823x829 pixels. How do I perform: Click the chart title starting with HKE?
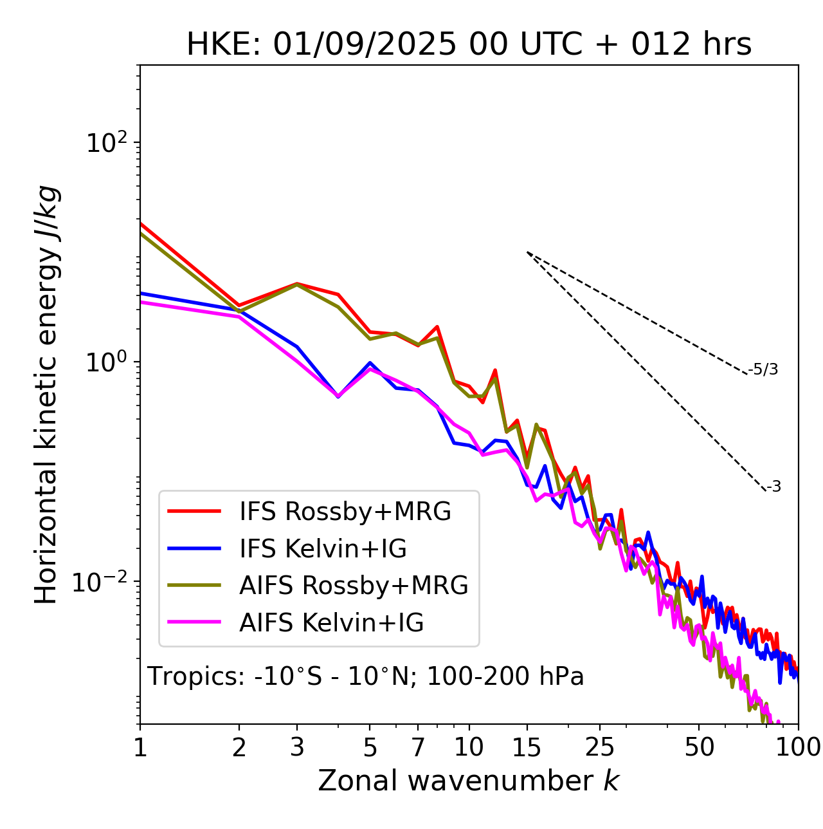tap(469, 45)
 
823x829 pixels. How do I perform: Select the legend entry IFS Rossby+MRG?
tap(345, 512)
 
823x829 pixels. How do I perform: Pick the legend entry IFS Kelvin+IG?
tap(323, 549)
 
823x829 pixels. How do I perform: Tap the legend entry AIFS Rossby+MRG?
tap(354, 586)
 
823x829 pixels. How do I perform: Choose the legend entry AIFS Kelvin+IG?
tap(331, 623)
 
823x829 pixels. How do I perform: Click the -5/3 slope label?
tap(763, 369)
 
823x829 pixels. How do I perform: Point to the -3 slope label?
tap(773, 487)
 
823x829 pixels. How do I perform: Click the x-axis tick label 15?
tap(527, 747)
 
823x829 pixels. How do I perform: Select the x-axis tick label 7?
tap(418, 747)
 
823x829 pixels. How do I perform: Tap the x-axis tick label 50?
tap(699, 747)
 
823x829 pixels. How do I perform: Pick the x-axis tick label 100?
tap(798, 747)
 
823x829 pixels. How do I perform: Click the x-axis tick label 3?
tap(297, 747)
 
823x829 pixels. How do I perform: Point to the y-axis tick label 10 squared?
tap(107, 143)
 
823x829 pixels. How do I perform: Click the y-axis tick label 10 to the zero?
tap(107, 362)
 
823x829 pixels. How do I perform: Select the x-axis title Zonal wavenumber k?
tap(468, 781)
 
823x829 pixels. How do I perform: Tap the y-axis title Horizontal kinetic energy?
tap(46, 395)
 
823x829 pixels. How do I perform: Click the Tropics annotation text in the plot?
tap(365, 676)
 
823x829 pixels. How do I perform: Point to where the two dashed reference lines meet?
tap(527, 252)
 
